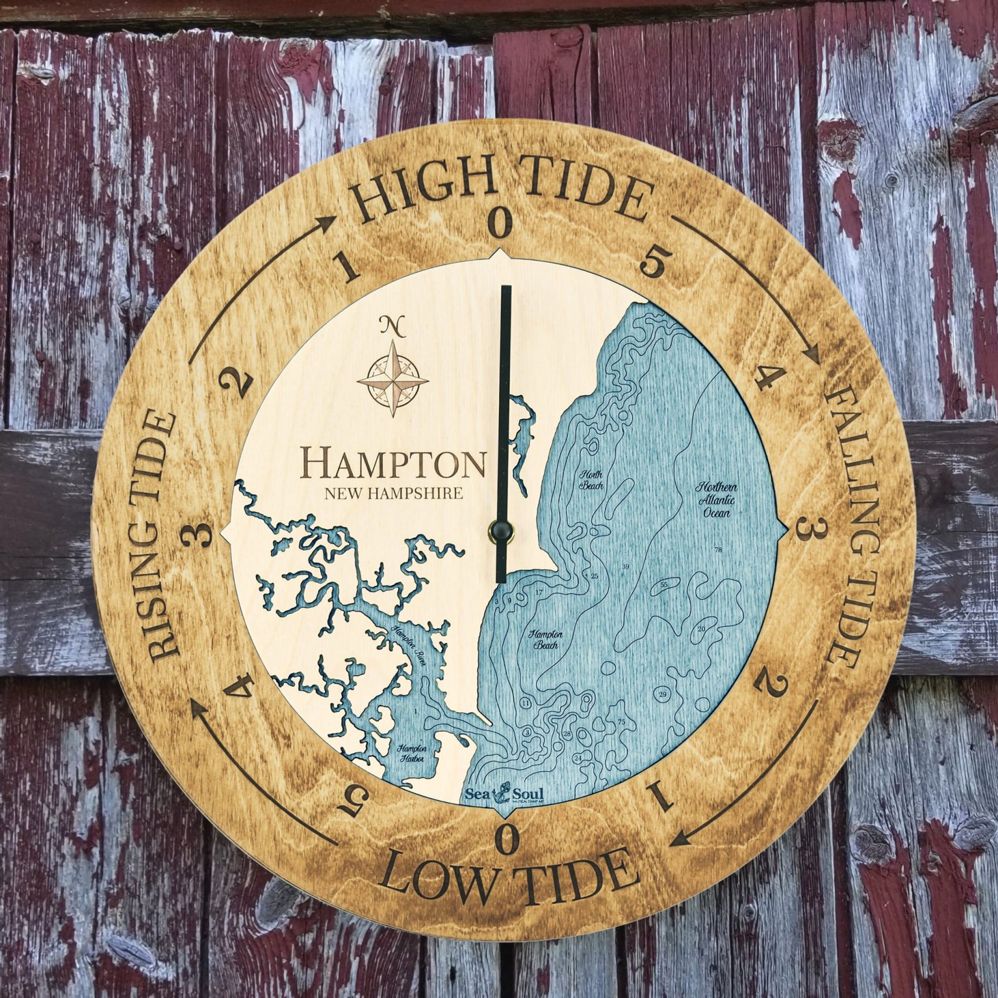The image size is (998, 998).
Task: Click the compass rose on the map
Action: pyautogui.click(x=393, y=379)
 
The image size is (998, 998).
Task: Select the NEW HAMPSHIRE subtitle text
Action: pyautogui.click(x=394, y=493)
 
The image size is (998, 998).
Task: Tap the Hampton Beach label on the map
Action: pyautogui.click(x=545, y=640)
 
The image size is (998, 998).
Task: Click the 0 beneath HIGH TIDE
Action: pyautogui.click(x=501, y=223)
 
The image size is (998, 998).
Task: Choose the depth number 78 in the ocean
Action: pyautogui.click(x=718, y=550)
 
